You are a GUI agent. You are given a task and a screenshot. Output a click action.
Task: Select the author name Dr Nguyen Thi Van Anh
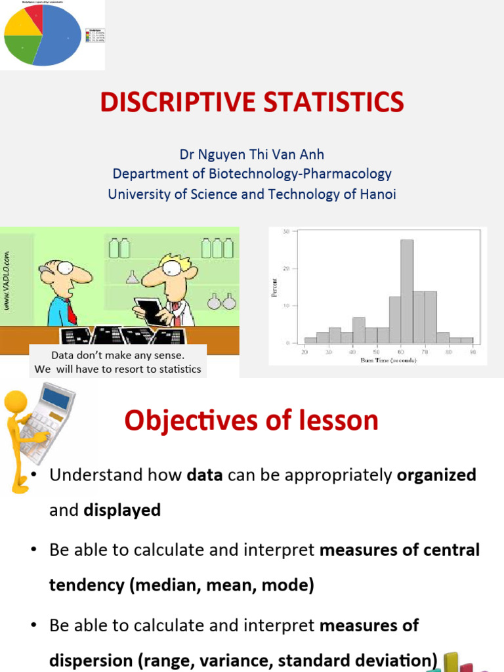[x=252, y=154]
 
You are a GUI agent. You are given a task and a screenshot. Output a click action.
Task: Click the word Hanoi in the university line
[x=377, y=194]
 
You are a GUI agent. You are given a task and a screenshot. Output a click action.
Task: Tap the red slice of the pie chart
[x=36, y=14]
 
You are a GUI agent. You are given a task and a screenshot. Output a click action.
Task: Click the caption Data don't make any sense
[x=118, y=355]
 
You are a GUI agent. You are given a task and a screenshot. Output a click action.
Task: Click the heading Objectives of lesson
[x=251, y=420]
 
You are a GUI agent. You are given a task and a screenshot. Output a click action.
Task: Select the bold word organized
[x=436, y=474]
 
